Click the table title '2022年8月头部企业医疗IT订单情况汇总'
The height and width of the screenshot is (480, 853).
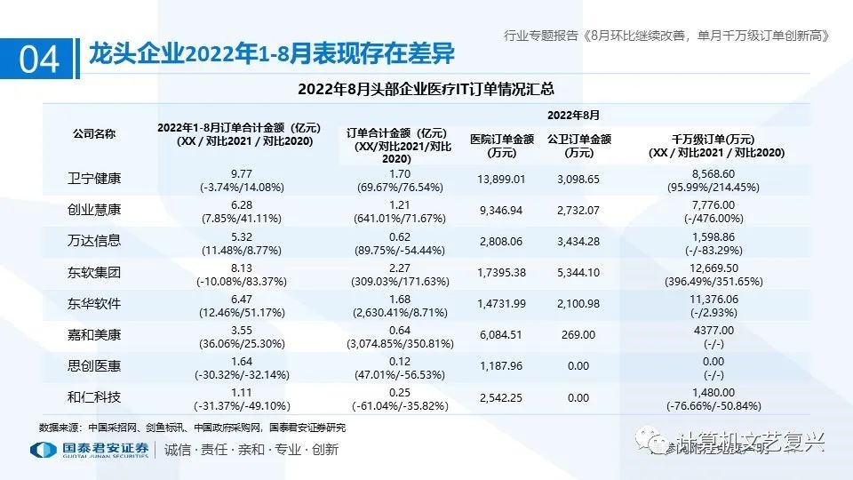click(x=426, y=88)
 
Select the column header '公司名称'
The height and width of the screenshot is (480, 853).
click(x=94, y=133)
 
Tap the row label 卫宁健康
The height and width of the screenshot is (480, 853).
click(x=94, y=179)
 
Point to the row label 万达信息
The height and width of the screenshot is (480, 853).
click(x=94, y=240)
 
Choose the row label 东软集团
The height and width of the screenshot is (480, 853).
click(x=94, y=271)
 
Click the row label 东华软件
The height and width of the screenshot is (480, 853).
click(x=94, y=302)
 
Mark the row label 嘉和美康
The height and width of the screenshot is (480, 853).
click(x=94, y=333)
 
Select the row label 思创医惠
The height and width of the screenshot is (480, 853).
click(x=94, y=364)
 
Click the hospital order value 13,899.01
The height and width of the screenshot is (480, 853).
click(x=502, y=180)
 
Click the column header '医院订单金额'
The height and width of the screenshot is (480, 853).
click(x=502, y=145)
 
